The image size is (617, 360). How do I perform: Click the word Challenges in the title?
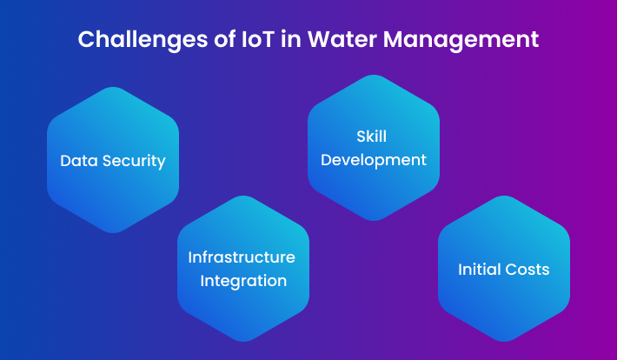(x=143, y=40)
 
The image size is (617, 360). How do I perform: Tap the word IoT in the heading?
(x=257, y=39)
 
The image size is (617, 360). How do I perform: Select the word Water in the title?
(x=342, y=39)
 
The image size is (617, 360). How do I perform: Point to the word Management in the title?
(x=461, y=40)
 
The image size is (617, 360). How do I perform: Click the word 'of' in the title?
(x=224, y=39)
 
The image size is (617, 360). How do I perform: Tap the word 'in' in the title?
(x=291, y=39)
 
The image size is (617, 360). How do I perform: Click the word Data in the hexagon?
(x=79, y=161)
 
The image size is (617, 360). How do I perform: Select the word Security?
(x=134, y=162)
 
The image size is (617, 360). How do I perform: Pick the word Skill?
(x=371, y=137)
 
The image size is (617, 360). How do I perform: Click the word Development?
(x=374, y=160)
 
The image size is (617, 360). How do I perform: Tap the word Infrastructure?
(x=242, y=257)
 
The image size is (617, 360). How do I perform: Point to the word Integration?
(x=243, y=281)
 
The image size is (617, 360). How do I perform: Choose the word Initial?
(x=479, y=270)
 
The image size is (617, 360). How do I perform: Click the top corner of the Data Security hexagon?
(x=113, y=87)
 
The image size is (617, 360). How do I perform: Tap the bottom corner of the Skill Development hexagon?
(x=374, y=221)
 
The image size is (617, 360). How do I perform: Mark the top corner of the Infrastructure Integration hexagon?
(x=243, y=196)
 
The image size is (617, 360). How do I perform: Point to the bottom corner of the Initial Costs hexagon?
(x=504, y=342)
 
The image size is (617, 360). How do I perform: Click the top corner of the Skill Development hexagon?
(x=374, y=75)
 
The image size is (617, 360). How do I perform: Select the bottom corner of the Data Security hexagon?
(x=113, y=233)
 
